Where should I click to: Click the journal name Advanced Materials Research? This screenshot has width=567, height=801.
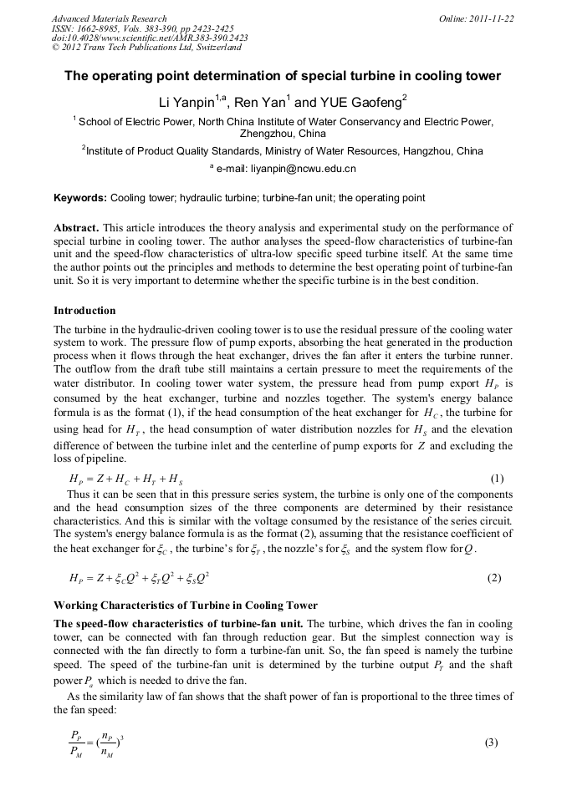[109, 18]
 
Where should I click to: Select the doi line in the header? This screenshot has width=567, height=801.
[150, 38]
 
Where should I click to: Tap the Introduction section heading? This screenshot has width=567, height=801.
[84, 311]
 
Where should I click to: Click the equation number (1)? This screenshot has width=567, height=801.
[497, 479]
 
